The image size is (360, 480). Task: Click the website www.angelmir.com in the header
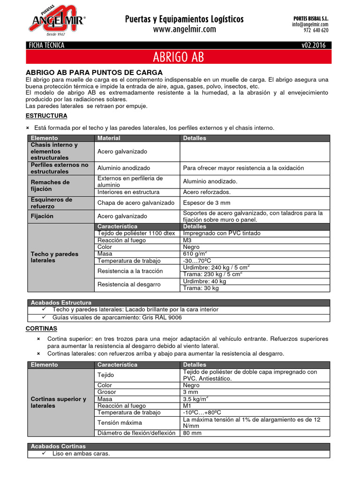pyautogui.click(x=184, y=29)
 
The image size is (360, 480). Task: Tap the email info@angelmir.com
pyautogui.click(x=310, y=24)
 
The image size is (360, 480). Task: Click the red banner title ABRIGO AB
pyautogui.click(x=178, y=57)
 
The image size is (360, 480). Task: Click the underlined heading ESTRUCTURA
pyautogui.click(x=46, y=115)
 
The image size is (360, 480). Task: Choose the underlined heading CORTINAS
pyautogui.click(x=41, y=328)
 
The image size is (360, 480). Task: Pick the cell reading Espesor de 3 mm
pyautogui.click(x=207, y=203)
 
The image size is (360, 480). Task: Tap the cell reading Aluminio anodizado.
pyautogui.click(x=124, y=168)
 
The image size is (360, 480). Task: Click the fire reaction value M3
pyautogui.click(x=187, y=240)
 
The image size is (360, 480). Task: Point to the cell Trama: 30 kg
pyautogui.click(x=201, y=288)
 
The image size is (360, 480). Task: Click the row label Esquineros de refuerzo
pyautogui.click(x=52, y=203)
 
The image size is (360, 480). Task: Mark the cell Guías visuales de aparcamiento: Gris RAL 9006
pyautogui.click(x=117, y=317)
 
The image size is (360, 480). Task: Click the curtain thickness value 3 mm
pyautogui.click(x=191, y=392)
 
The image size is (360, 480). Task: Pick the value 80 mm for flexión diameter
pyautogui.click(x=192, y=433)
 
